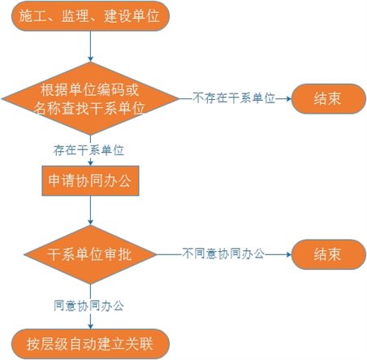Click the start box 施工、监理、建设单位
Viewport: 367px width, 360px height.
coord(90,16)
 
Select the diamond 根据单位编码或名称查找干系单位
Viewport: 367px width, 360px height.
coord(90,98)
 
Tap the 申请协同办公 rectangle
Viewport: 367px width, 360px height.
coord(90,180)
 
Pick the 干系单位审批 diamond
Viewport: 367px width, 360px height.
coord(90,254)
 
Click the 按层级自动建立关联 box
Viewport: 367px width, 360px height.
coord(90,344)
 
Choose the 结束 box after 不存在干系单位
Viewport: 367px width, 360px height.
coord(329,98)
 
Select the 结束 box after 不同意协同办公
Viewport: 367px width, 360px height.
coord(329,254)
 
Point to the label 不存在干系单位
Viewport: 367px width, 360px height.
coord(234,98)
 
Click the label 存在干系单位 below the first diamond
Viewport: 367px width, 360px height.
coord(89,150)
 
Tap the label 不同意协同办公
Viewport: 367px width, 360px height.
coord(223,254)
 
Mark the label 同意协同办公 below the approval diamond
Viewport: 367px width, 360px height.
coord(89,306)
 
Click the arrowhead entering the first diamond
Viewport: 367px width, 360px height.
coord(90,59)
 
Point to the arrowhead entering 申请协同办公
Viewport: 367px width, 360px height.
coord(90,163)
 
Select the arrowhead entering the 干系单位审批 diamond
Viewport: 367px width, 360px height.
coord(90,223)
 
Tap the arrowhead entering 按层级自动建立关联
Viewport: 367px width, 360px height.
coord(90,327)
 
